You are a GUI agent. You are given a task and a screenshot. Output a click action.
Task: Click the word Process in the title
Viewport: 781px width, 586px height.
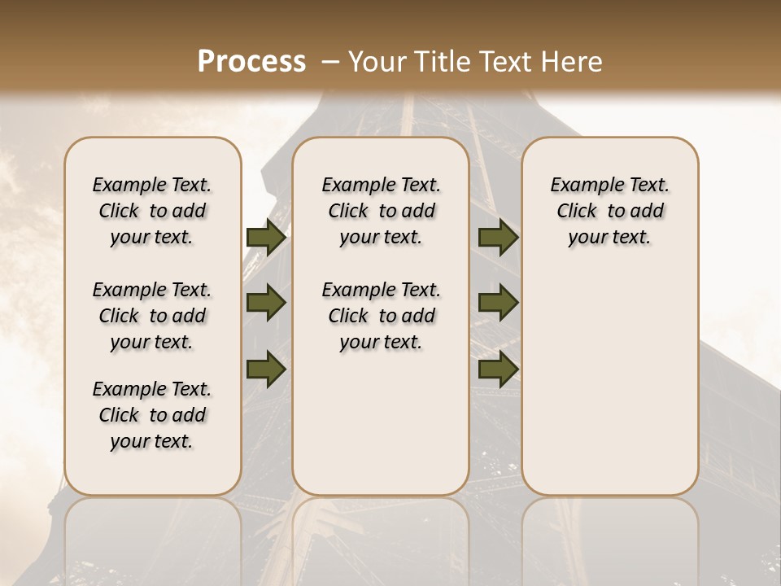[x=251, y=62]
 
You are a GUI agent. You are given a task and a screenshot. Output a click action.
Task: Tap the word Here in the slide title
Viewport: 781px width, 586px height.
[x=569, y=62]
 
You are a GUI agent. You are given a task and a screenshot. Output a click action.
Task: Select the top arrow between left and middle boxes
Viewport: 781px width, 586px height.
[x=266, y=238]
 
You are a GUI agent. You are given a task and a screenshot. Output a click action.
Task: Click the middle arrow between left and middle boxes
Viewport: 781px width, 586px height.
[x=266, y=304]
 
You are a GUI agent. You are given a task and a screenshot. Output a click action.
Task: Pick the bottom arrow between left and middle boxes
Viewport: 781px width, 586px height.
[x=266, y=370]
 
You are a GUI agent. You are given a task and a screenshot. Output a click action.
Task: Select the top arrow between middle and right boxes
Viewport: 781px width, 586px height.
[x=499, y=238]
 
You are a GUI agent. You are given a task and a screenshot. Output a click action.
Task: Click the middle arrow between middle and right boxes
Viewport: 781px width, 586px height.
[x=499, y=304]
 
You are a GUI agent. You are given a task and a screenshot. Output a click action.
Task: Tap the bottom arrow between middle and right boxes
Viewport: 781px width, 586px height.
[x=499, y=370]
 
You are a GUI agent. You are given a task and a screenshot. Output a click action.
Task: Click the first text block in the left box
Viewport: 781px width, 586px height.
[x=152, y=211]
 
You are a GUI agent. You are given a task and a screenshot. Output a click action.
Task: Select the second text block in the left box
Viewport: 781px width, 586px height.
[x=152, y=316]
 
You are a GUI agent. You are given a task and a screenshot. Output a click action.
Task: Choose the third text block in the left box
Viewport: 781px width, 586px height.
[x=152, y=415]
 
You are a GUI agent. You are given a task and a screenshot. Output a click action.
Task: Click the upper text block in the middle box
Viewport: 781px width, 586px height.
[x=381, y=211]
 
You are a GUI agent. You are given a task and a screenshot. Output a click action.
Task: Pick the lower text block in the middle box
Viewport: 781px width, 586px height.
[x=381, y=316]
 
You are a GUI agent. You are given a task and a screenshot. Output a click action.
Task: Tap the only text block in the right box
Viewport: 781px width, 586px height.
[x=610, y=211]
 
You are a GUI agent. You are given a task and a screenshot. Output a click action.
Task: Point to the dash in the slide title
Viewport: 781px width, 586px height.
[x=330, y=62]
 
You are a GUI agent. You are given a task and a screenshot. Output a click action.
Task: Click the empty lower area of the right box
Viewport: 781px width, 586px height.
[x=610, y=391]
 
